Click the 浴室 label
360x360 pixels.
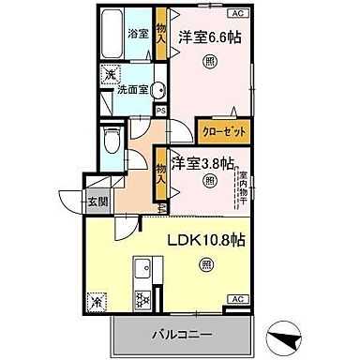(x=138, y=34)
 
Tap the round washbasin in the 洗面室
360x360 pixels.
(x=158, y=90)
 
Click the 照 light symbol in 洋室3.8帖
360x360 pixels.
(x=208, y=180)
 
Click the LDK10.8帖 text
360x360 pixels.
(x=207, y=241)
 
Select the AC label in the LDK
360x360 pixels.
(x=237, y=299)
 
